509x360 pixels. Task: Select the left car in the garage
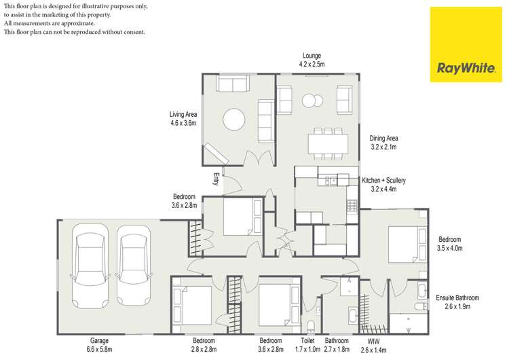(90, 270)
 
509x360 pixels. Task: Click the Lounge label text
(312, 56)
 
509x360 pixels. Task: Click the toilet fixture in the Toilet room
(311, 325)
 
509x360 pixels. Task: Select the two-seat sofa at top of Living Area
(232, 84)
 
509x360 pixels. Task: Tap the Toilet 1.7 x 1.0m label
(308, 345)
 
